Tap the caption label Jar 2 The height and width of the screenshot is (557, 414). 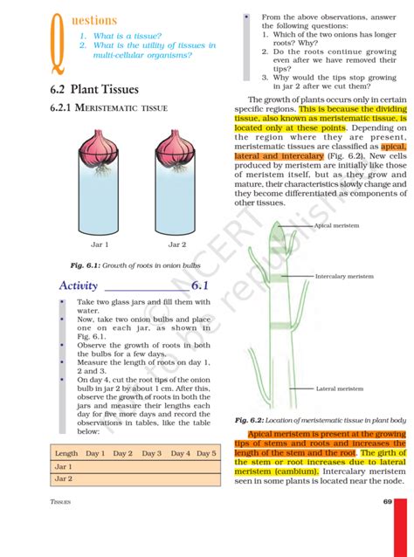177,244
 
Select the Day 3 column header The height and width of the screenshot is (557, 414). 152,453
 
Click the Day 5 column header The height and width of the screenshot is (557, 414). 206,453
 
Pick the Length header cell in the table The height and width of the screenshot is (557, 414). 66,453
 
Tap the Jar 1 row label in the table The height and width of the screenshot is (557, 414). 64,466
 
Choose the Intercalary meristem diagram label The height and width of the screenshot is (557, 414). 344,276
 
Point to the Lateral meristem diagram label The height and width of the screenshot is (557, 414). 340,389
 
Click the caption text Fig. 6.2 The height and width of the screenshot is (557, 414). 251,420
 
